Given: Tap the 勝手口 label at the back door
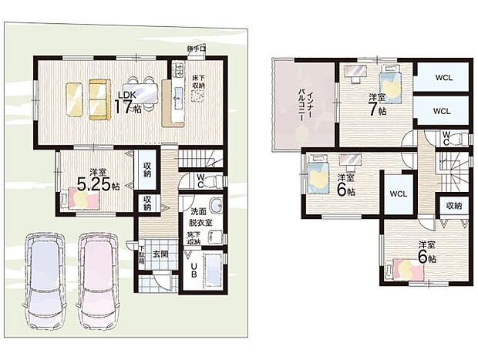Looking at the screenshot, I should tap(196, 50).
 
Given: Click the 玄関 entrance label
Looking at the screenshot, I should tap(160, 254).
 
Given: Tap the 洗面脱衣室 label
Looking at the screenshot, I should tap(200, 217).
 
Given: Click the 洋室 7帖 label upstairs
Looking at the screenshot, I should tap(375, 103).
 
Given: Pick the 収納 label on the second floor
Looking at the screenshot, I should tap(452, 206).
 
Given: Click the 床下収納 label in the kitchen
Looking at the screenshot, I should tap(197, 82).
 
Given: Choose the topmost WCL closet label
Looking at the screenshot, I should tap(441, 78).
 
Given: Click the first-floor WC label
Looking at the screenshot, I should tap(200, 180).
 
